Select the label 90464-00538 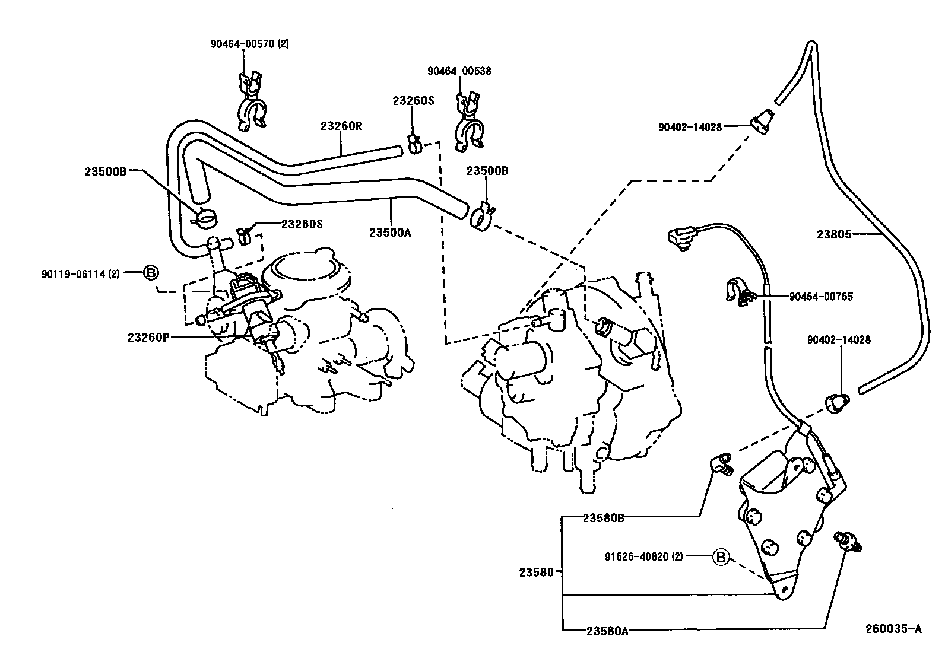pos(459,71)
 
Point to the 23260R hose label pos(341,126)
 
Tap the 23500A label pos(390,233)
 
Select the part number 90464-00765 pos(821,296)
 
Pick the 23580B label pos(603,518)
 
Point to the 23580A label pos(607,631)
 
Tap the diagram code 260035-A pos(894,629)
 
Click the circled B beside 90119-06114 pos(151,273)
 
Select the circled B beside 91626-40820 pos(720,557)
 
